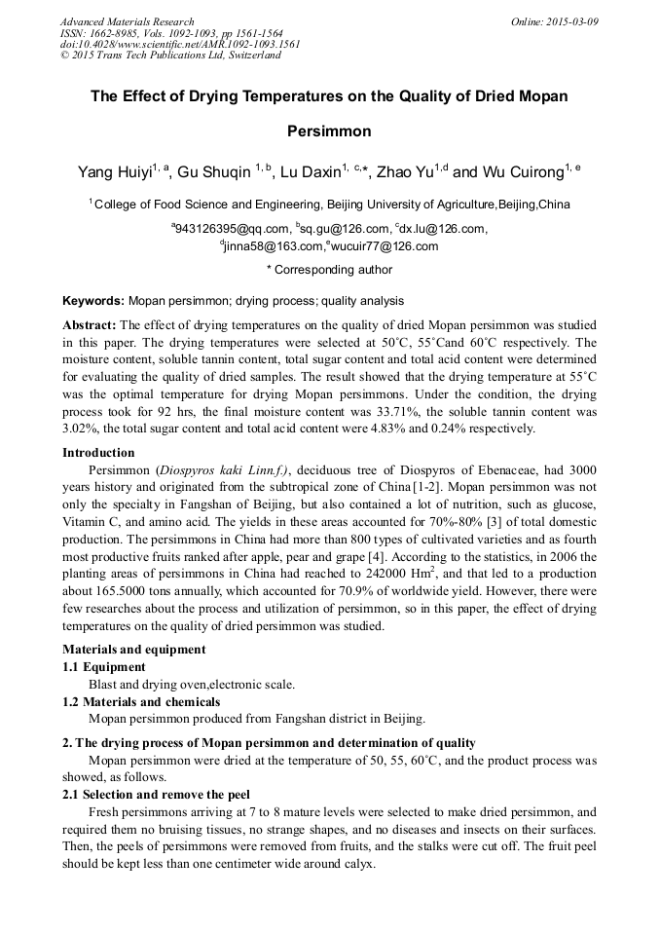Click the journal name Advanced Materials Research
(127, 21)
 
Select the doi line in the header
(180, 44)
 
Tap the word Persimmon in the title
(329, 130)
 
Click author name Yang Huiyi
(115, 172)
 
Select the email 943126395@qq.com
(226, 229)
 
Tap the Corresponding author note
(329, 270)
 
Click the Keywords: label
(93, 301)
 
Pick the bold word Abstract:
(90, 324)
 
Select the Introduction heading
(98, 452)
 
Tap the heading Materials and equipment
(133, 649)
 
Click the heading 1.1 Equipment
(104, 667)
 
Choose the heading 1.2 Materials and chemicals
(141, 701)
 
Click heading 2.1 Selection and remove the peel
(156, 794)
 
